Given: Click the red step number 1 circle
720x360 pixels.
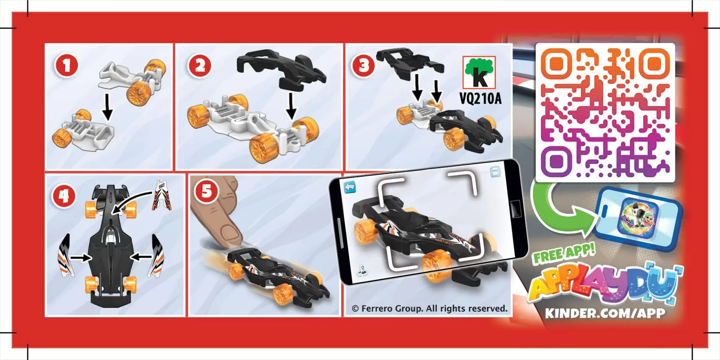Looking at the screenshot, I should tap(67, 67).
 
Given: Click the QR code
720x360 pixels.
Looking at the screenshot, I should tap(605, 112).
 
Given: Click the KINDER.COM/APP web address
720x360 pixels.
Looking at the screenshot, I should tap(605, 313).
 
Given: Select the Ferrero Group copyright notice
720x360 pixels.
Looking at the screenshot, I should tap(429, 308).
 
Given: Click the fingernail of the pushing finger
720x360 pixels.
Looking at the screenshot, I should tap(230, 232).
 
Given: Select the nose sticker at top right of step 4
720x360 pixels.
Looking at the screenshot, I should tap(161, 197).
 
